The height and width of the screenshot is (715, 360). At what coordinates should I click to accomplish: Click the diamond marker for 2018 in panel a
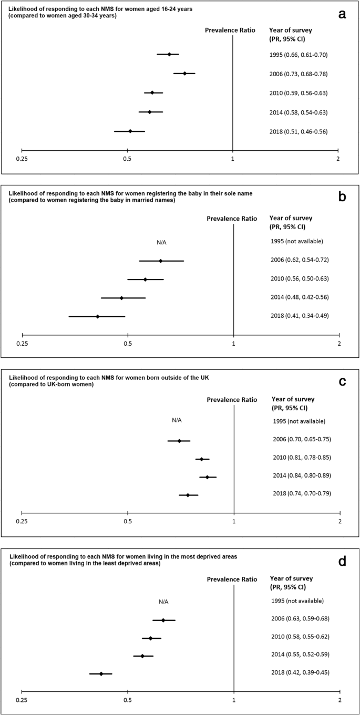pos(130,131)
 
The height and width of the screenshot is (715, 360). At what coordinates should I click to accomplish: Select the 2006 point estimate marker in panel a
pos(184,74)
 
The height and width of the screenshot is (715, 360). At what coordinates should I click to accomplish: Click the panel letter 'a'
pos(342,14)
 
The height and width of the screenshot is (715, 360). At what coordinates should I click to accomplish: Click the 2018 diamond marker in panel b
pos(97,317)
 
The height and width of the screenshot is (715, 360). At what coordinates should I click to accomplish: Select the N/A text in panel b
pos(161,242)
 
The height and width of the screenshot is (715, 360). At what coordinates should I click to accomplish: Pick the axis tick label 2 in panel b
pos(340,344)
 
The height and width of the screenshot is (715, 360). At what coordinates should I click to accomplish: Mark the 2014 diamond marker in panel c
pos(207,477)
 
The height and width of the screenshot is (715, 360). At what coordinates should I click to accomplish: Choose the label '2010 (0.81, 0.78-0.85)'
pos(302,458)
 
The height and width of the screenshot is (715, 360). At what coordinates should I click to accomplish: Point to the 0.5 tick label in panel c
pos(127,522)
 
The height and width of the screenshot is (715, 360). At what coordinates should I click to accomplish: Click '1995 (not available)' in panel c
pos(299,421)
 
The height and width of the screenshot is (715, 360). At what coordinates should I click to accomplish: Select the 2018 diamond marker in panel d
pos(101,673)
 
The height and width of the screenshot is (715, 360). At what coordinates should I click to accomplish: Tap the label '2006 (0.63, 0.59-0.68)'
pos(300,618)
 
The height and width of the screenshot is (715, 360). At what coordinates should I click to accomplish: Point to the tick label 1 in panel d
pos(234,700)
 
